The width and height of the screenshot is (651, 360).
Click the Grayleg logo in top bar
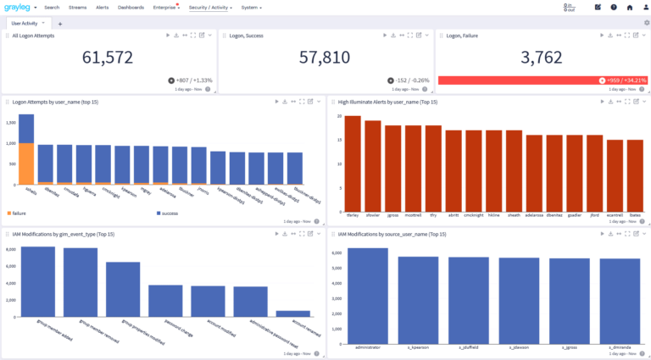18,7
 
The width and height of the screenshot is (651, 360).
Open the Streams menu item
77,7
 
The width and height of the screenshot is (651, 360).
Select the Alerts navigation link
102,7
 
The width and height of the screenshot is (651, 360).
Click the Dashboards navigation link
131,7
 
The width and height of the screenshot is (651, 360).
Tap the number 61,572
107,58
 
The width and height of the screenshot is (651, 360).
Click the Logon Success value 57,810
325,58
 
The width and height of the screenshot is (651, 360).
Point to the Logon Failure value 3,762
542,58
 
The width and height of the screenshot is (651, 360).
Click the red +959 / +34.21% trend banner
542,80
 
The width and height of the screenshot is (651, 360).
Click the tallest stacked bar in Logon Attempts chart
26,150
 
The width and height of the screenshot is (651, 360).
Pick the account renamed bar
292,313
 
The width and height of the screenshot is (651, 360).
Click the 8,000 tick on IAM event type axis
10,250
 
